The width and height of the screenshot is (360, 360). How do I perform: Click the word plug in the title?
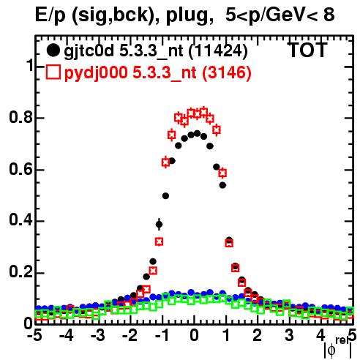point(187,15)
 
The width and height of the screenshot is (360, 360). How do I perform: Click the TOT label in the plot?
point(307,50)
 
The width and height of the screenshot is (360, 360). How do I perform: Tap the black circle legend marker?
point(53,50)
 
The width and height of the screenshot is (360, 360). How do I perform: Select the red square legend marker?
point(53,72)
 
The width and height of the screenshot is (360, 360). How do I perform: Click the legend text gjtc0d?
point(89,52)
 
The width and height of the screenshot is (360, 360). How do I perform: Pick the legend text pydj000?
point(96,73)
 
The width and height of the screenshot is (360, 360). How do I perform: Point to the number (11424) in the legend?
point(218,51)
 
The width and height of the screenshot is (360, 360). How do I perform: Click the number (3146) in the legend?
point(227,72)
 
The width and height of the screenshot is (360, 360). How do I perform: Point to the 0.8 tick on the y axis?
point(20,117)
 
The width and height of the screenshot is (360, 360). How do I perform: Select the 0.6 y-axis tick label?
point(20,169)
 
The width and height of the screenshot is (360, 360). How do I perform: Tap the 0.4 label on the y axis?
point(20,220)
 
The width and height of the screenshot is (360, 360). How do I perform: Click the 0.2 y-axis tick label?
point(20,272)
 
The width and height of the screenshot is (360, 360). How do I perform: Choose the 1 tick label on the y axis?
point(30,65)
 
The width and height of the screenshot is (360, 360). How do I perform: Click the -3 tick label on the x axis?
point(98,335)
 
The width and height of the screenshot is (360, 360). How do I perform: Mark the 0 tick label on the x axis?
point(194,335)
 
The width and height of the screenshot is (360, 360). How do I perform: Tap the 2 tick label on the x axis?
point(258,335)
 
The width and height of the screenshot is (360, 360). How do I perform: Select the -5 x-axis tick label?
point(35,335)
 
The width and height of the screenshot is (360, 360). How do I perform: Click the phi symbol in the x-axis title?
point(331,350)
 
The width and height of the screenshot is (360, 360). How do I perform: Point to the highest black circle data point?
point(197,133)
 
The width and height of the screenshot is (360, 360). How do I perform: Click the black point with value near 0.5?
point(165,196)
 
